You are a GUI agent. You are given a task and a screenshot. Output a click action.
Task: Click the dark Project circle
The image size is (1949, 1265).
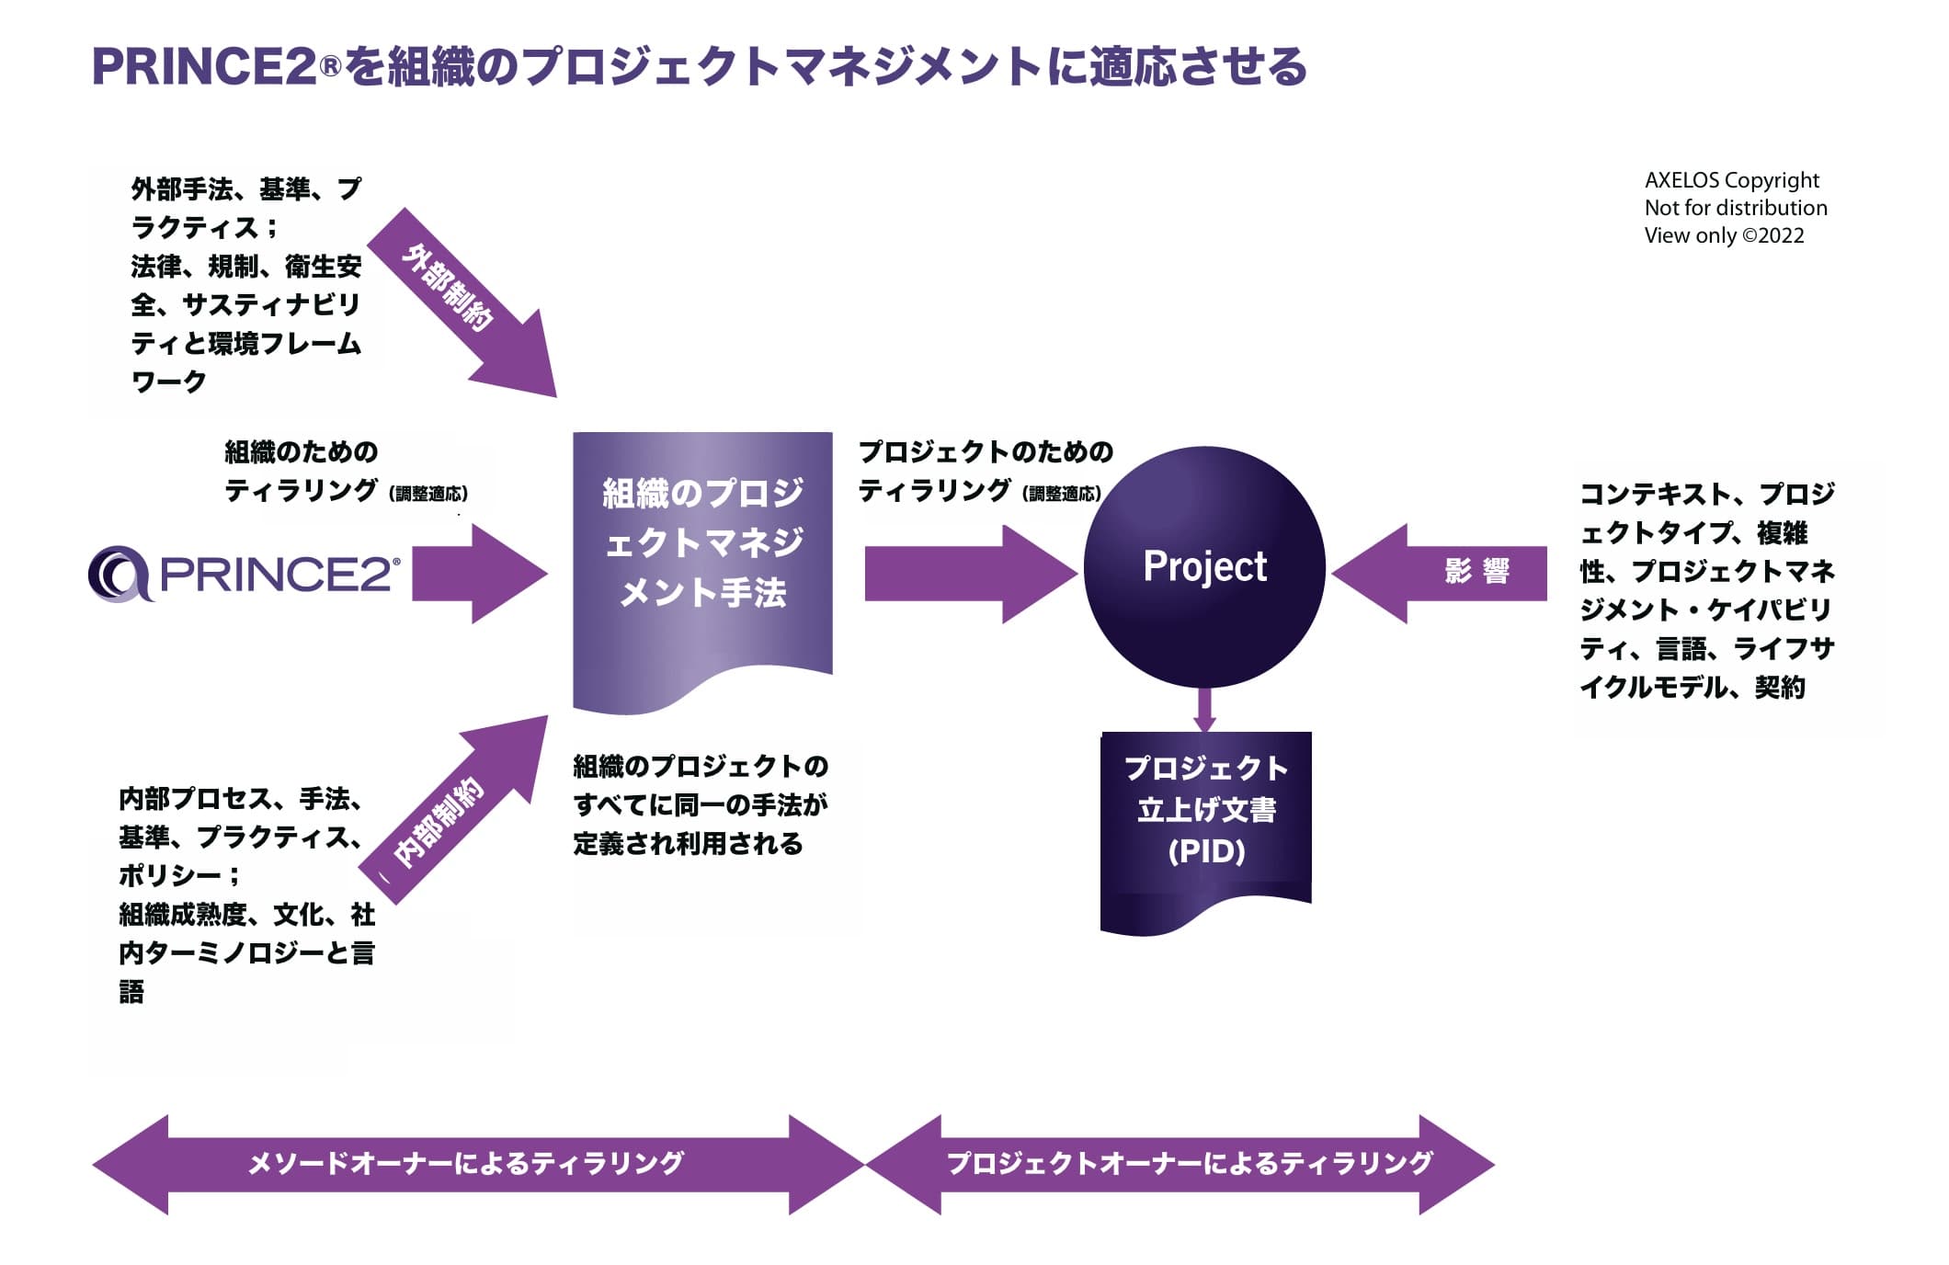click(x=1204, y=567)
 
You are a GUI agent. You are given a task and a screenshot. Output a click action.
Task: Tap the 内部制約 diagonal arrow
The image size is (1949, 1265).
click(x=455, y=809)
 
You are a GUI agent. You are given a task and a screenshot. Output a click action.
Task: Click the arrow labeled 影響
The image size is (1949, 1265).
click(x=1443, y=573)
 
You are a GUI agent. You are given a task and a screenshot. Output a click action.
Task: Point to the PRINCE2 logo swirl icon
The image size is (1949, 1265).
click(x=119, y=575)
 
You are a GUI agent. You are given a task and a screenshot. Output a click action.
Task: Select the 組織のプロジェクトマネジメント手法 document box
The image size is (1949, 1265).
click(x=702, y=552)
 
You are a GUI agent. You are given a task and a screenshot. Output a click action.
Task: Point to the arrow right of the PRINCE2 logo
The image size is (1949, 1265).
click(x=478, y=575)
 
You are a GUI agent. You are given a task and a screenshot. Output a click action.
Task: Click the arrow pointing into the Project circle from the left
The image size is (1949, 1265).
click(x=970, y=575)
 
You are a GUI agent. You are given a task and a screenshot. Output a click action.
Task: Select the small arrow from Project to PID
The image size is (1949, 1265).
click(x=1204, y=709)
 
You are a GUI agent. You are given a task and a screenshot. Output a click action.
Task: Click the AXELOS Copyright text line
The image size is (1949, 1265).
click(x=1731, y=180)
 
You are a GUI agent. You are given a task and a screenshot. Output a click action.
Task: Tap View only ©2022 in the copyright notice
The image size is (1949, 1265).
click(x=1724, y=235)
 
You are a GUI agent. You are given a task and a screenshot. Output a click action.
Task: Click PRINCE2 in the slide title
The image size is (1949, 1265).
click(x=204, y=67)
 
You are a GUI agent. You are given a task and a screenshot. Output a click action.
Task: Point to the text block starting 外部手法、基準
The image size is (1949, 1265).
click(x=245, y=285)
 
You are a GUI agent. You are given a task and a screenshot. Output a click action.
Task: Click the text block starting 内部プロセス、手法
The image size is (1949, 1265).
click(x=245, y=894)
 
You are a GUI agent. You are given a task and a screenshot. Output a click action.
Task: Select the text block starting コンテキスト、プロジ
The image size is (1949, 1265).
click(x=1706, y=590)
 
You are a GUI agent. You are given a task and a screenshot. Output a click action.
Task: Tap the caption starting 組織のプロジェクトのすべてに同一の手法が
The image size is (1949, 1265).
click(x=701, y=804)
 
